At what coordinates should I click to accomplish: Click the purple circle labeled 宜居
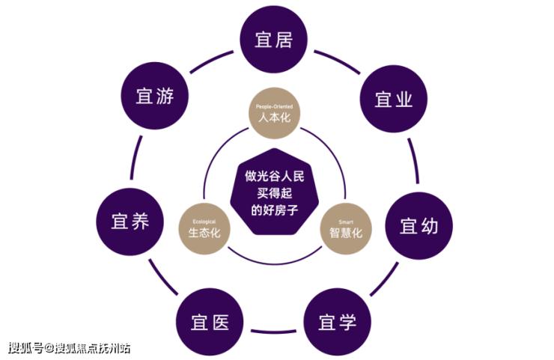pos(274,39)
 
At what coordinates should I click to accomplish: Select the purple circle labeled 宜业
pos(394,99)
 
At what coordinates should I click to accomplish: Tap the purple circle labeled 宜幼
pos(418,226)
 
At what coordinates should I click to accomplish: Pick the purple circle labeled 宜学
pos(338,322)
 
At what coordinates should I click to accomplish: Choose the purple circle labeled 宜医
pos(210,322)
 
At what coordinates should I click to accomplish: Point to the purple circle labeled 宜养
pos(130,222)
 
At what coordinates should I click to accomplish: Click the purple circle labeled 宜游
pos(155,96)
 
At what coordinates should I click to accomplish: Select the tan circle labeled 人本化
pos(275,113)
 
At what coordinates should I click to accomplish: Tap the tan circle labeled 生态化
pos(204,228)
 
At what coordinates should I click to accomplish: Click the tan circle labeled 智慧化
pos(346,228)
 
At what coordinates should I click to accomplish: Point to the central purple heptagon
pos(275,192)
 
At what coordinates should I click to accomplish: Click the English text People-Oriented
pos(275,106)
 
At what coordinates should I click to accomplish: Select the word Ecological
pos(204,222)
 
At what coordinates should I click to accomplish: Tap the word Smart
pos(346,222)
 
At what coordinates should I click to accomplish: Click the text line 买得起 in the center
pos(275,193)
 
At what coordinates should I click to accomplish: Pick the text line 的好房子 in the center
pos(275,210)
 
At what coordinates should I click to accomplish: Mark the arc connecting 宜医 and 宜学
pos(273,332)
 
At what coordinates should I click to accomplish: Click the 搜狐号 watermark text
pos(25,348)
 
